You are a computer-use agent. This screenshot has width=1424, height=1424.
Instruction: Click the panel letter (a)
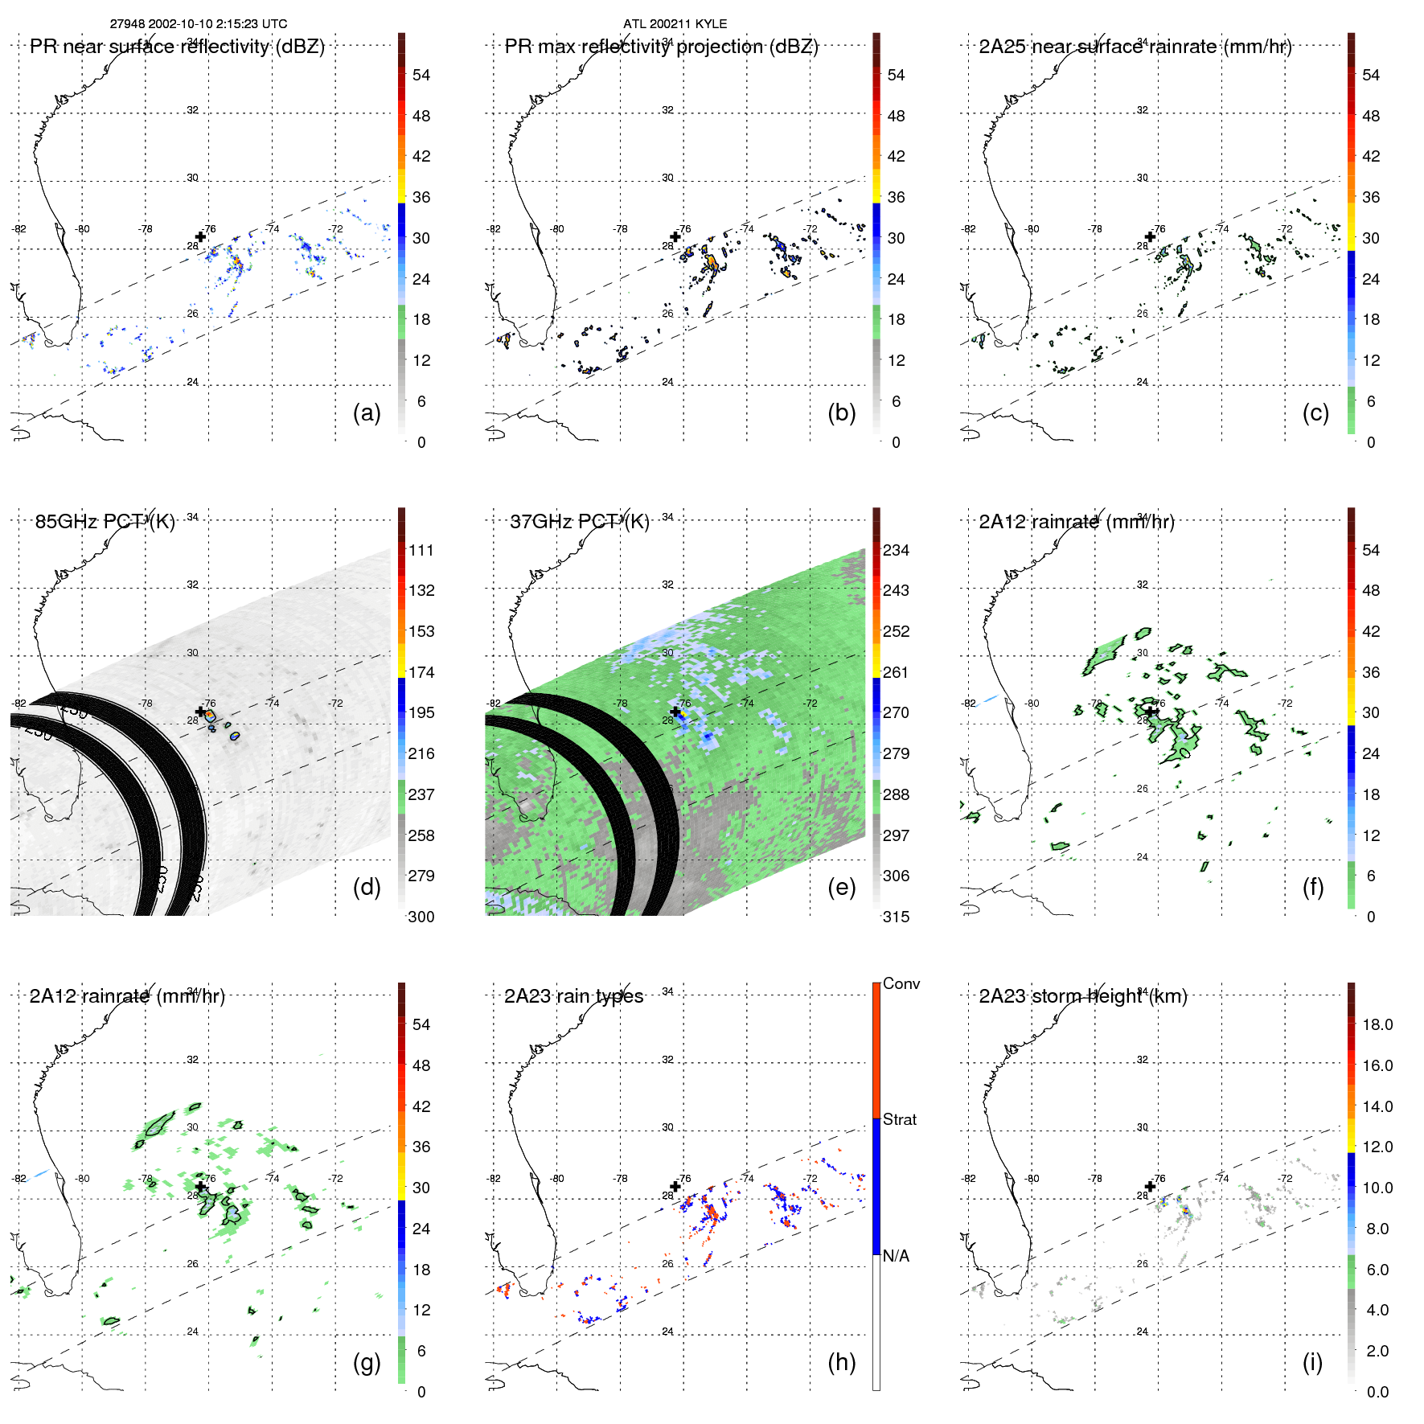367,413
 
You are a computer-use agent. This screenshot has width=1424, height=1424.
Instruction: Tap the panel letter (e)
841,888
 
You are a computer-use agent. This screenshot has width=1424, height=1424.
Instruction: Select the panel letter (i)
1312,1362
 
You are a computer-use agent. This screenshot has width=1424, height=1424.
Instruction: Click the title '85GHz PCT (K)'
105,522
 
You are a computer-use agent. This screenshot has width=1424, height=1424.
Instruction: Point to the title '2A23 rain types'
573,996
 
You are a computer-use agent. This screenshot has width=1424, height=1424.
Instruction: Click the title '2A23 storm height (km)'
1082,996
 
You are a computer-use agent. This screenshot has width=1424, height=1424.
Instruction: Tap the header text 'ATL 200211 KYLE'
675,24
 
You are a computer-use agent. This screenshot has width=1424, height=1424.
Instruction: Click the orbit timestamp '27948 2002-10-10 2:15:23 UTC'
199,24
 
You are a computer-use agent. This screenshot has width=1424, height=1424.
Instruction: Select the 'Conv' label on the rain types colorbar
901,984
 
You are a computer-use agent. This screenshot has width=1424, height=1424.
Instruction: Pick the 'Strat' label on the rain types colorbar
899,1120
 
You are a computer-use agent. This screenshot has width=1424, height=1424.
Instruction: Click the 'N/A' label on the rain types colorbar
896,1256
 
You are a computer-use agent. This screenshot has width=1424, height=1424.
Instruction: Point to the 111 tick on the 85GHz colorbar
421,551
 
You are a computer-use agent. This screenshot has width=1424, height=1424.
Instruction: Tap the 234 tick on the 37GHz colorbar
896,551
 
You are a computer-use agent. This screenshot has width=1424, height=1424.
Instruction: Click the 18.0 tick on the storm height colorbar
1377,1025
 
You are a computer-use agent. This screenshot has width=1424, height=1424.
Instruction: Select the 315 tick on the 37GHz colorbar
896,917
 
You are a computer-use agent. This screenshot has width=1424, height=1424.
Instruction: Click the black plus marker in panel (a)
201,236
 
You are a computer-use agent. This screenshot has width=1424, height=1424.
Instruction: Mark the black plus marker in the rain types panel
675,1186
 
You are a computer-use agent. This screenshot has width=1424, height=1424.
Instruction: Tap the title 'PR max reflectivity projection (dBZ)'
661,47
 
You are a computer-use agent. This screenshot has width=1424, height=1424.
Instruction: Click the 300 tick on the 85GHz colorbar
421,917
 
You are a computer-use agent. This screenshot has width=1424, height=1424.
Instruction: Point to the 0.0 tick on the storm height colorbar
1377,1392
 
